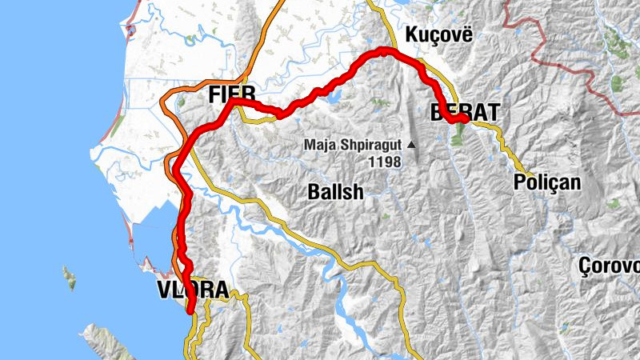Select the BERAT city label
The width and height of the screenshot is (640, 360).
click(464, 112)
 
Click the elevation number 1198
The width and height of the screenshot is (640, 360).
click(384, 161)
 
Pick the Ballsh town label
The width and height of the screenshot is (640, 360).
click(336, 192)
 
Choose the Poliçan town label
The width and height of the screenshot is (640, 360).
click(548, 182)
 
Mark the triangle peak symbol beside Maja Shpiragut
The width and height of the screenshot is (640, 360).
click(411, 145)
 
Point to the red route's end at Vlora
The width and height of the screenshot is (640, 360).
click(191, 310)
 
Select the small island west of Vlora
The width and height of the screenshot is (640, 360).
click(70, 277)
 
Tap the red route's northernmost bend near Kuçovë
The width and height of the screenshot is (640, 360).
click(386, 50)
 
